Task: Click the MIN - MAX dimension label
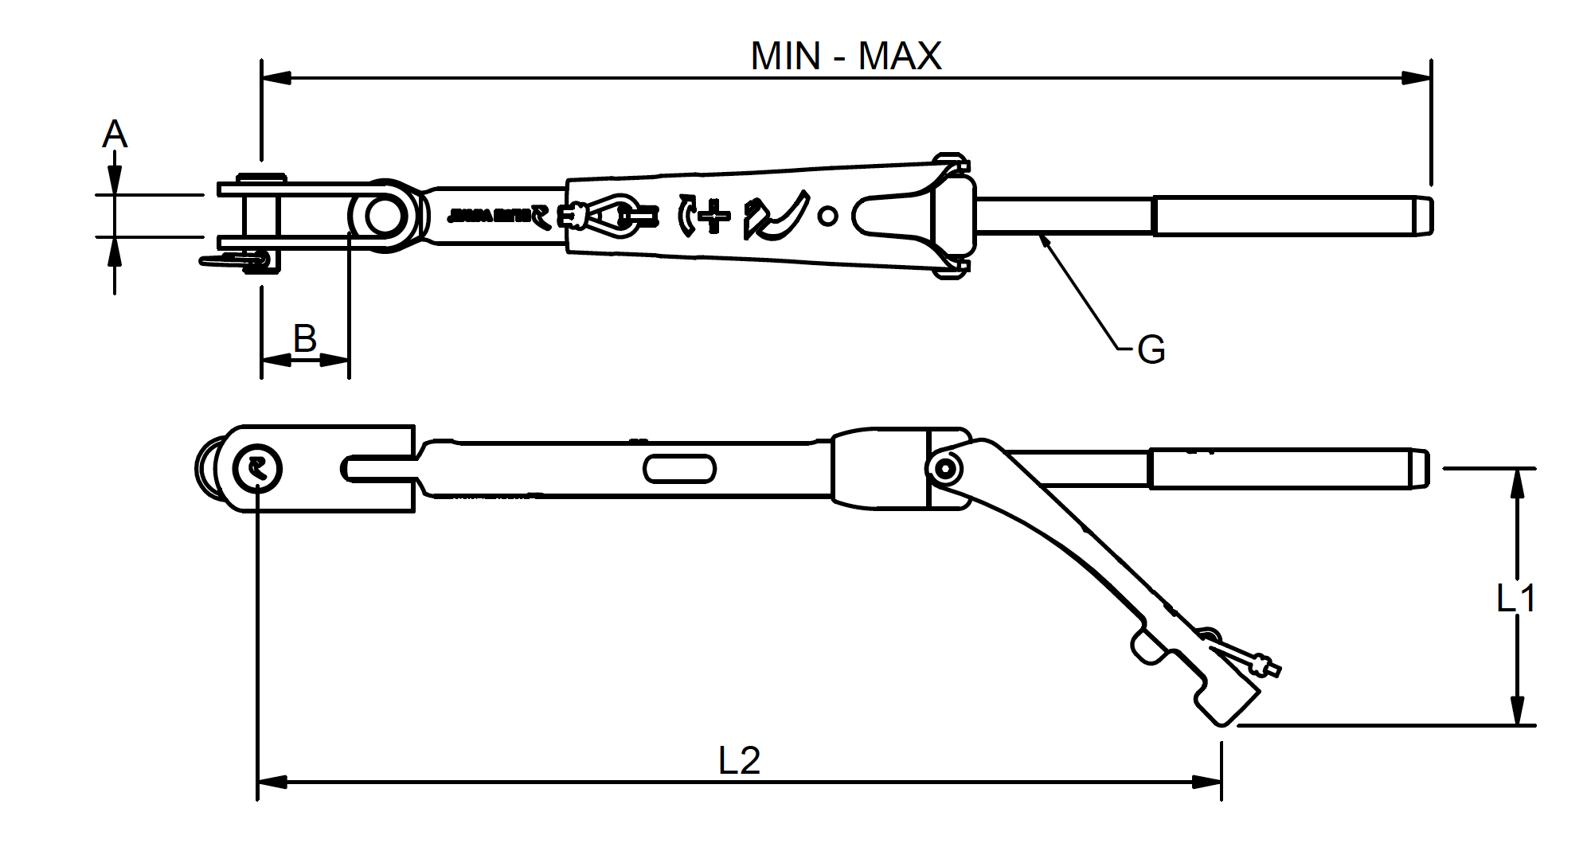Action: click(846, 56)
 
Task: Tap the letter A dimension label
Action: click(115, 135)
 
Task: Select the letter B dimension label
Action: click(305, 338)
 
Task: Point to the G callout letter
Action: click(1151, 349)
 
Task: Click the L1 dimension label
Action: click(1515, 599)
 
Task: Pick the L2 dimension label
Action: click(739, 760)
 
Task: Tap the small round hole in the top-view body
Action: click(828, 215)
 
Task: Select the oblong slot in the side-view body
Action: click(678, 469)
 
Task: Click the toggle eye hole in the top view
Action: click(385, 215)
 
